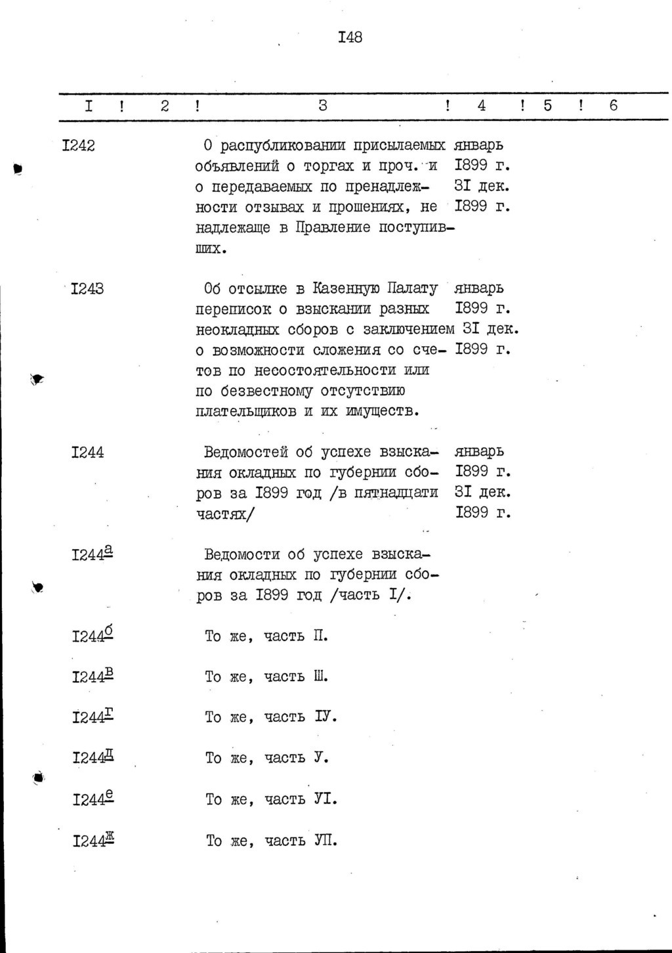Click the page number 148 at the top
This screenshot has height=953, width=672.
point(349,37)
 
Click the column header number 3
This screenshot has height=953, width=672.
point(322,105)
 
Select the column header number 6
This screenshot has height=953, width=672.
point(614,105)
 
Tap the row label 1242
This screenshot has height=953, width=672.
point(77,146)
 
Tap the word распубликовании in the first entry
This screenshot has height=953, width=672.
point(284,146)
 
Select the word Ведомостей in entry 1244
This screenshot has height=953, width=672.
point(246,453)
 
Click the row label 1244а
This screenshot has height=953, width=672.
point(92,555)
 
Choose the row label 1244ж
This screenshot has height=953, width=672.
point(93,840)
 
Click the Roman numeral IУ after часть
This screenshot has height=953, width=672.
point(325,717)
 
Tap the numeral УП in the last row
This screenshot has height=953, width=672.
point(325,840)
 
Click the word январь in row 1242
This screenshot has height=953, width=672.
point(479,146)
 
